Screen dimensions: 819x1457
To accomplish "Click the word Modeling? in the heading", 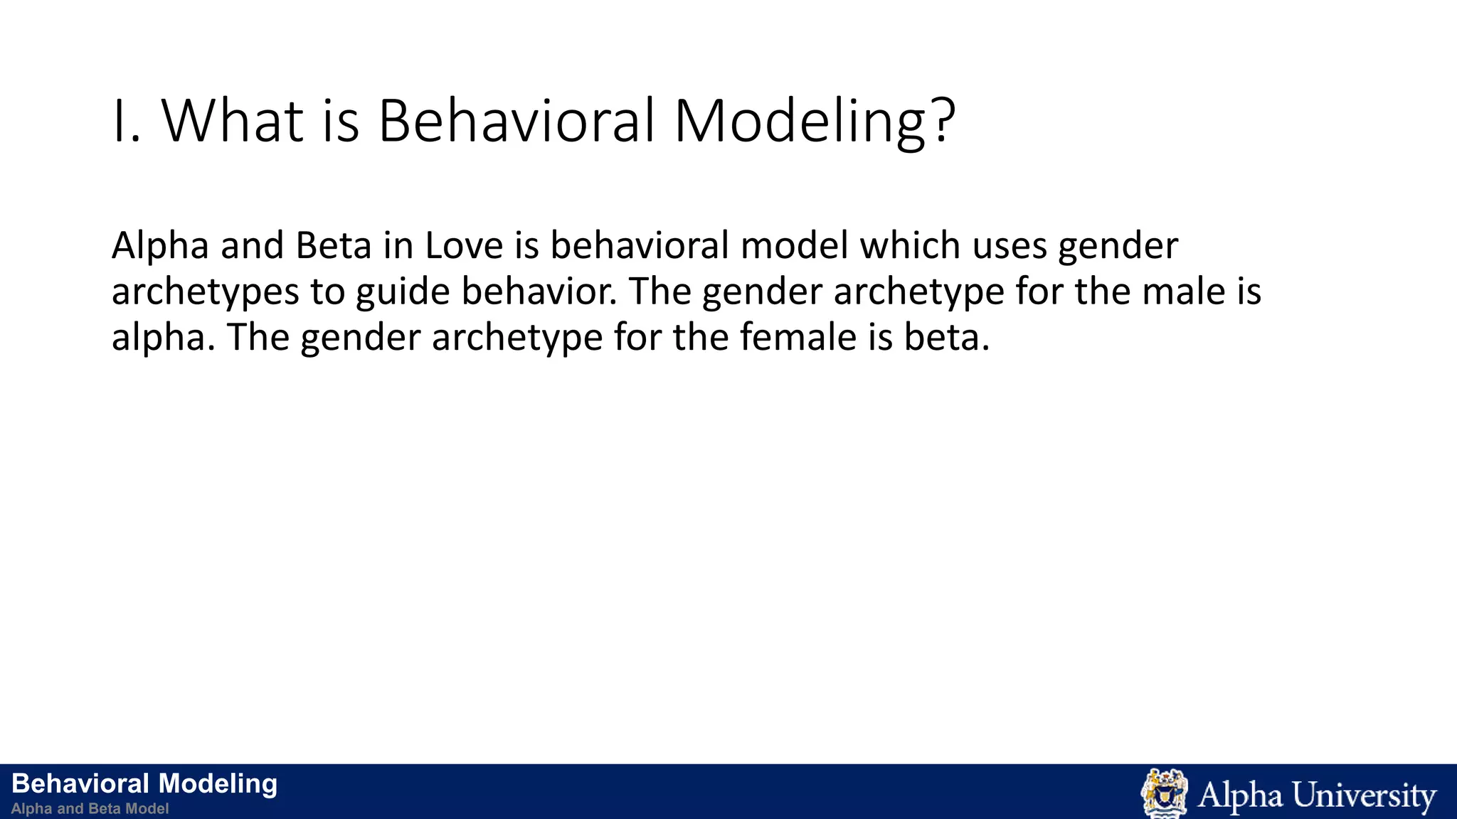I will click(x=814, y=121).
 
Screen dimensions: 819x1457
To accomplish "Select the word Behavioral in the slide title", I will click(x=515, y=121).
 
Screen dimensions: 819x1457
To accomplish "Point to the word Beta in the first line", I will click(x=333, y=246).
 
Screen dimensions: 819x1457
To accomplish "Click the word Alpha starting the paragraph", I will click(x=160, y=246).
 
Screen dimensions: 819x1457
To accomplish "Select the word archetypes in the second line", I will click(x=205, y=292).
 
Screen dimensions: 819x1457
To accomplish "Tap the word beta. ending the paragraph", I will click(x=946, y=338).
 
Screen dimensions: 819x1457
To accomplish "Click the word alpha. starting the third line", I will click(x=163, y=338).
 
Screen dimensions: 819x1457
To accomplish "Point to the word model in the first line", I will click(x=794, y=246).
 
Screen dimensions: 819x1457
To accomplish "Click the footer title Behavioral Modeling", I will click(x=144, y=783).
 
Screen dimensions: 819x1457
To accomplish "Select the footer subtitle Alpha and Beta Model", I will click(x=90, y=808).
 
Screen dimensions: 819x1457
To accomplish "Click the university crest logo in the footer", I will click(x=1164, y=793).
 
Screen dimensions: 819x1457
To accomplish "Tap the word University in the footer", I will click(x=1364, y=795).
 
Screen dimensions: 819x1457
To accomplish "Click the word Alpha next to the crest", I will click(x=1239, y=795).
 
